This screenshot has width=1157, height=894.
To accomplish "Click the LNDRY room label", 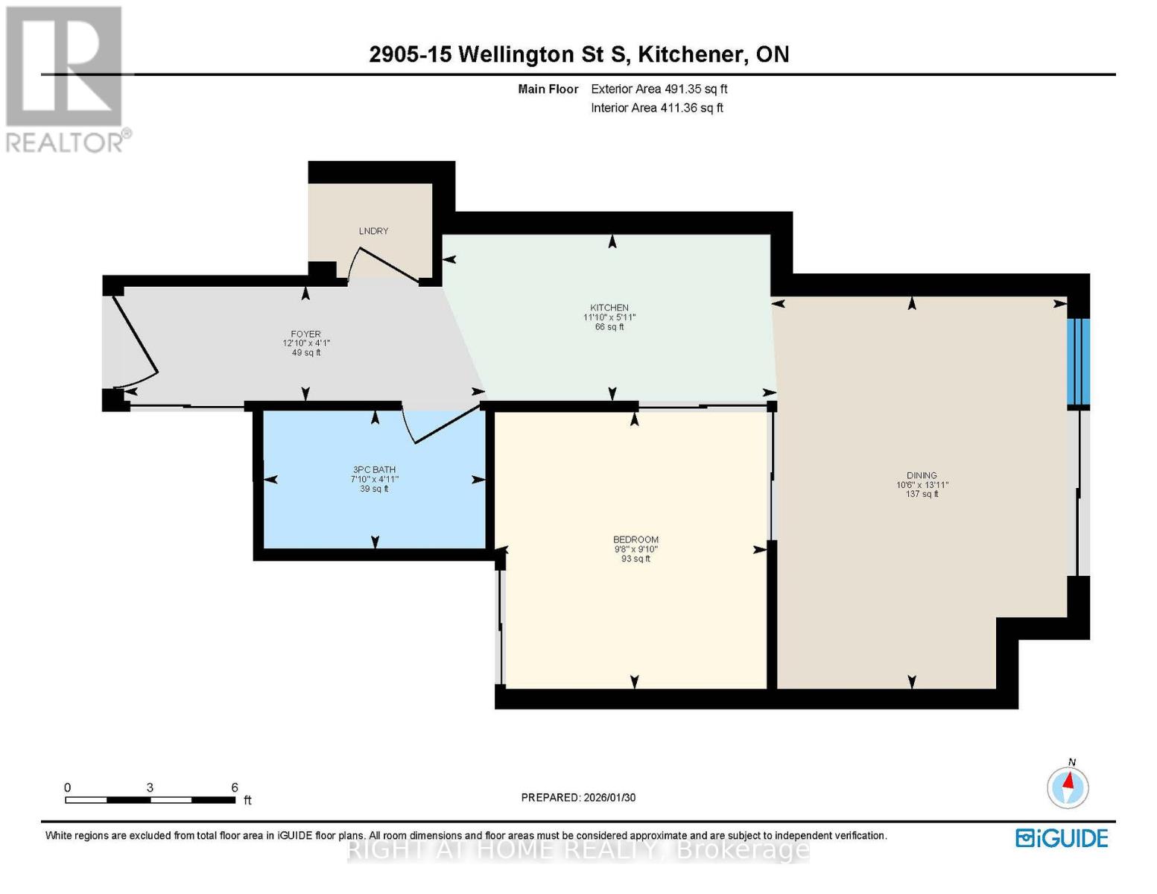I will tap(373, 231).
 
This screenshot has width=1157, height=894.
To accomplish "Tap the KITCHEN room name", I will tap(609, 308).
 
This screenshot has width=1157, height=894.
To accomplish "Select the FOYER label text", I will tap(305, 335).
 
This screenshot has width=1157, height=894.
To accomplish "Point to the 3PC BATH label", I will tap(374, 470).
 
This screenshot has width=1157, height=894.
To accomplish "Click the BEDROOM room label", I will tap(635, 539).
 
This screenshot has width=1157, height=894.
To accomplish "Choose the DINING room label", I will tap(922, 475).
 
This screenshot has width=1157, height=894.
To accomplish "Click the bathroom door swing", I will tap(440, 425).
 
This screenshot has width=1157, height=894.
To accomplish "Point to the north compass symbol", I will tap(1068, 786).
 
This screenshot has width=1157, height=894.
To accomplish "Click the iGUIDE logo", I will tap(1062, 838).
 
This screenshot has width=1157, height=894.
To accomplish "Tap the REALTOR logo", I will tap(65, 78).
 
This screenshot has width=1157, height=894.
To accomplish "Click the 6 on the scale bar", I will tap(235, 787).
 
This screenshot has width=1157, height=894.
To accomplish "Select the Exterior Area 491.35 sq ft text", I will tap(659, 89).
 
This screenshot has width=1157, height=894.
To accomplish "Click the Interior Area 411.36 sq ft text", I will tap(656, 108).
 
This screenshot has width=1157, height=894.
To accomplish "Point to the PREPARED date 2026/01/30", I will tap(578, 797).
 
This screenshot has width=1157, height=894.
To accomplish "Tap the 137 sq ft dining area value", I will tap(922, 494).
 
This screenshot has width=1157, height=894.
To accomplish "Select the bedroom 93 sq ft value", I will tap(635, 559).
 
